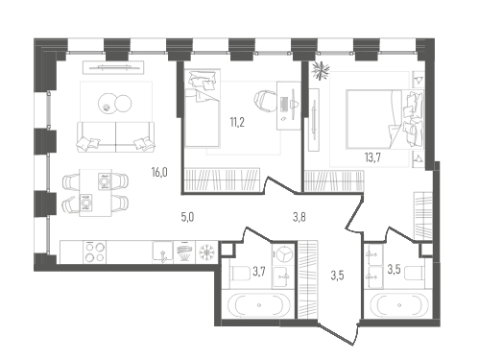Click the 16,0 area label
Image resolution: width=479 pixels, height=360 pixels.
click(x=159, y=173)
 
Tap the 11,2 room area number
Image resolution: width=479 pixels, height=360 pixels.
click(x=237, y=122)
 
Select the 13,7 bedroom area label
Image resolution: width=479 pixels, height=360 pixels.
click(x=372, y=157)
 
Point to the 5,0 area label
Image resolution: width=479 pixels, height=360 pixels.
click(x=187, y=217)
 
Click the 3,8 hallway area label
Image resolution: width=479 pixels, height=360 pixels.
click(x=299, y=217)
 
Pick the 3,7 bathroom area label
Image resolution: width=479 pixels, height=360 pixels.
click(x=259, y=272)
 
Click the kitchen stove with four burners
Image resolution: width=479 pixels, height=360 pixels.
click(x=95, y=252)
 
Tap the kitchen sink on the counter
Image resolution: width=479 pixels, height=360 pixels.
click(x=162, y=252)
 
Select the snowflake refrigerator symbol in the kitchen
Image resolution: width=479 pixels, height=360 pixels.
click(x=206, y=252)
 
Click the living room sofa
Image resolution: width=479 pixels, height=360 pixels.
click(x=115, y=136)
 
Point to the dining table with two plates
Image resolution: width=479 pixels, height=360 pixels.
click(x=95, y=193)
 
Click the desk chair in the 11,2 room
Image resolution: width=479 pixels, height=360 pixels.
click(x=266, y=101)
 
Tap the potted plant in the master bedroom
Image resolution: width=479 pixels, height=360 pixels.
click(x=321, y=70)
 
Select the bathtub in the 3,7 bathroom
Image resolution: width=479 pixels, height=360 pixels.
click(x=259, y=305)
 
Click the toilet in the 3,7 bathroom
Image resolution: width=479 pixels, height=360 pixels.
click(x=242, y=274)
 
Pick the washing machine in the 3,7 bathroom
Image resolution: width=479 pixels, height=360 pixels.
click(x=283, y=253)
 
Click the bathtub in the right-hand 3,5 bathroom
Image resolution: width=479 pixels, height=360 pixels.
click(x=399, y=305)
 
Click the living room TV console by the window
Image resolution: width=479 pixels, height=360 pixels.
click(x=113, y=67)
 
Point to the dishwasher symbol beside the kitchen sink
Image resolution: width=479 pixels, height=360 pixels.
click(x=184, y=252)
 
